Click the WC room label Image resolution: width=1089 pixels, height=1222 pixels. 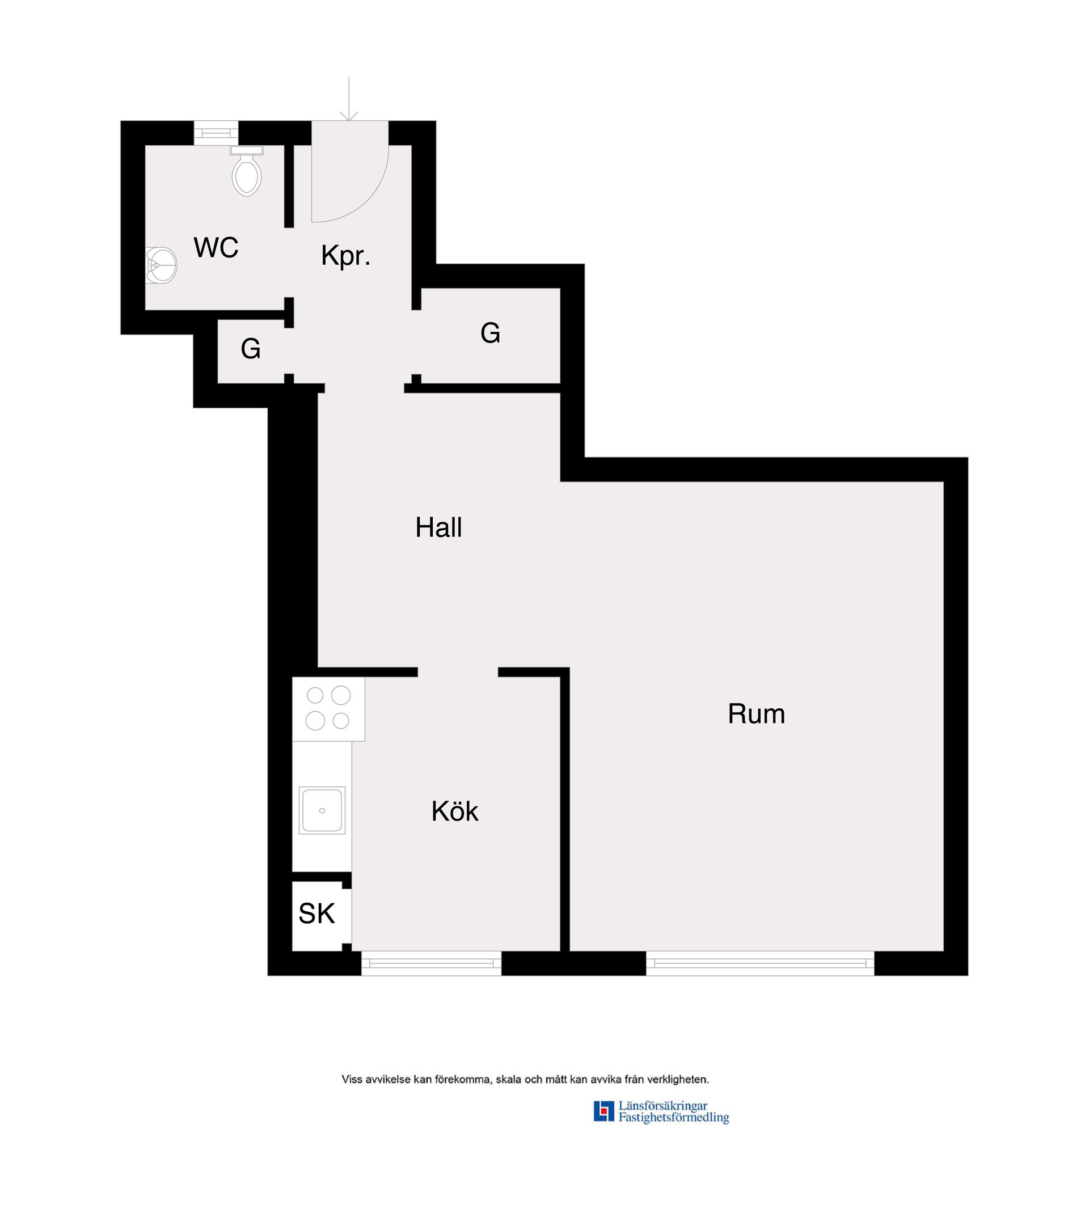[216, 248]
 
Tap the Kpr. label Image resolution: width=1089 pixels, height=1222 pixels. [346, 255]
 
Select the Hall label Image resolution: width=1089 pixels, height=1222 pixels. [438, 527]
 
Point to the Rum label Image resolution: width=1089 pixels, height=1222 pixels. [756, 714]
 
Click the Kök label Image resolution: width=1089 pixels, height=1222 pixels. [455, 811]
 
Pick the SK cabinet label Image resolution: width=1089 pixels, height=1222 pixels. [316, 914]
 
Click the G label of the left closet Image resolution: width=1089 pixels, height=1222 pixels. [251, 349]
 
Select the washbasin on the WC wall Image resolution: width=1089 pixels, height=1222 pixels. [161, 265]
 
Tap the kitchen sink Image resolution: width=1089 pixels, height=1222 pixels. [322, 810]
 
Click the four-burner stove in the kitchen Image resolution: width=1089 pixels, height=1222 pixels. [328, 709]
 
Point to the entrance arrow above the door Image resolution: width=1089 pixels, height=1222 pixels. [349, 99]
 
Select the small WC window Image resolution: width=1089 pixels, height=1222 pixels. [216, 133]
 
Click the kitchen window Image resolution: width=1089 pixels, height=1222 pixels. [432, 963]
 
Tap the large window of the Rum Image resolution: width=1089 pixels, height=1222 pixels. [760, 963]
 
